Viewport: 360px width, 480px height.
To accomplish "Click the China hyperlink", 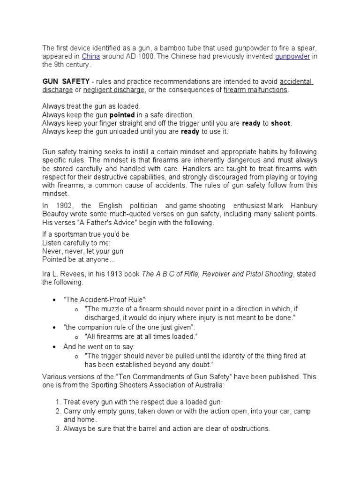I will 91,56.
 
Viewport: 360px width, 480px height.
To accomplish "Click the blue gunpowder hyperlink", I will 292,56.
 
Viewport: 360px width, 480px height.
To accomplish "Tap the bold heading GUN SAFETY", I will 66,82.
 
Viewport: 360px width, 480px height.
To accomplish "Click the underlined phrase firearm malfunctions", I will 255,90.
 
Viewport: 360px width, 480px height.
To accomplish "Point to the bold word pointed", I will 122,114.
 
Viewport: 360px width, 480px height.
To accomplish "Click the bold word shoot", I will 281,123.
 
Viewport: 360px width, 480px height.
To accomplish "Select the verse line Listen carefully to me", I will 76,242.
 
